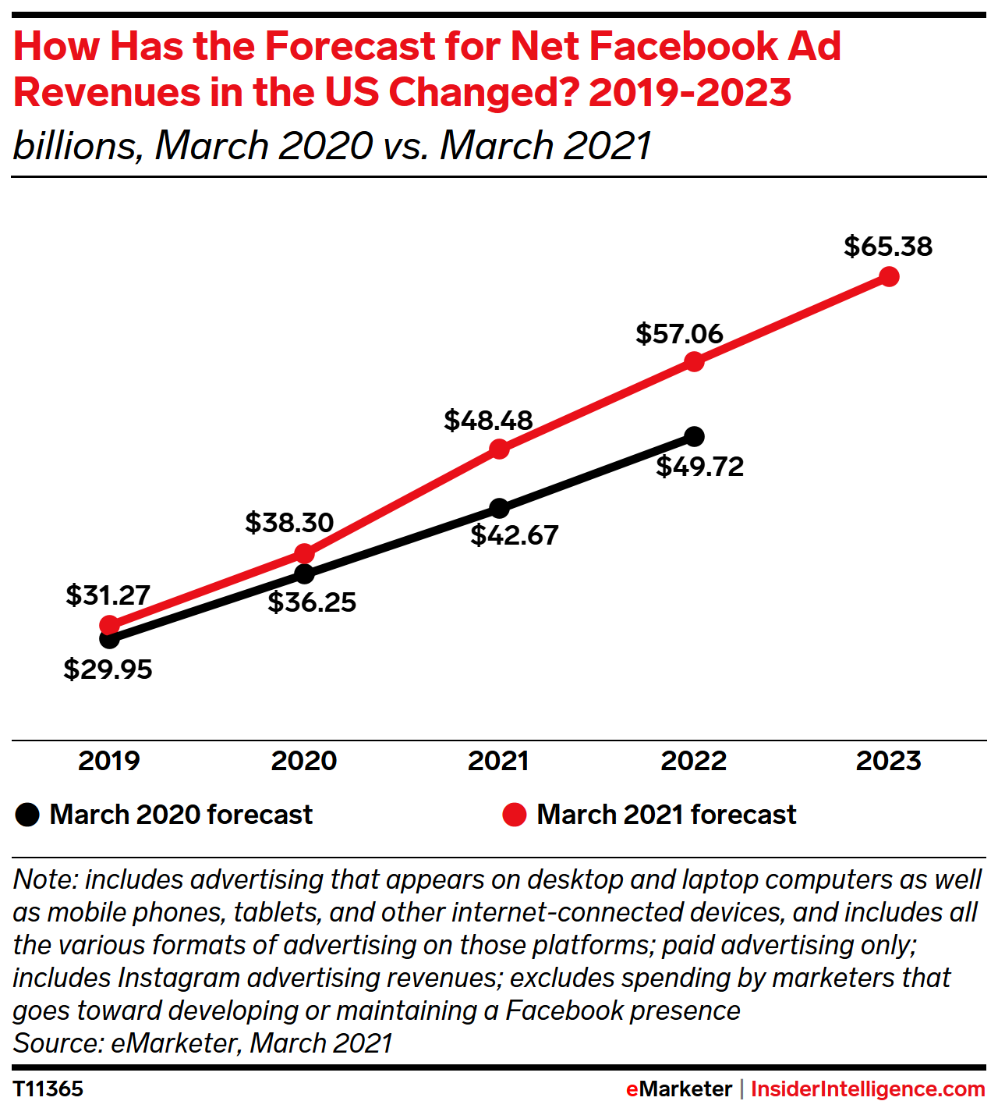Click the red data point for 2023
889,276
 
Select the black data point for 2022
694,436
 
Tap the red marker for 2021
499,449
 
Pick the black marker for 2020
304,574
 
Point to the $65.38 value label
888,247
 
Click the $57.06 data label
679,334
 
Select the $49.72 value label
699,467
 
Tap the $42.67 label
515,535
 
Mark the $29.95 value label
108,669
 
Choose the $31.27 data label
108,595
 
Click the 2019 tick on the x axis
109,761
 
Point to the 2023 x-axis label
889,761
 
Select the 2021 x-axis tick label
499,761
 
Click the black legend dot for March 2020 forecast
27,815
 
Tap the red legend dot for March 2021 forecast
515,815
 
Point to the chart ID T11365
48,1089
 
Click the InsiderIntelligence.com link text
868,1089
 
